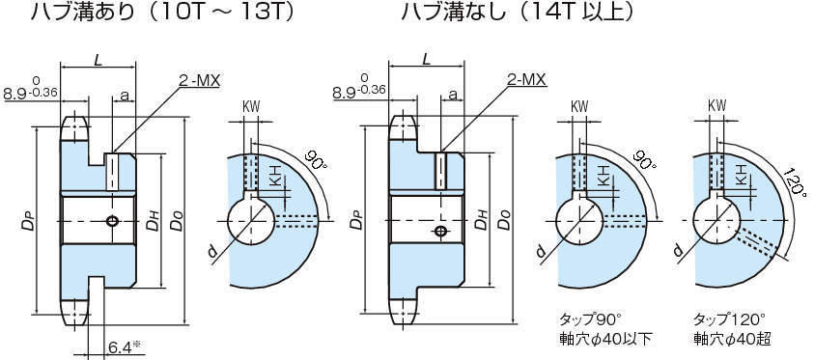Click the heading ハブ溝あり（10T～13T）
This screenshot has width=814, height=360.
162,12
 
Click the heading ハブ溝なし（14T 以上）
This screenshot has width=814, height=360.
518,12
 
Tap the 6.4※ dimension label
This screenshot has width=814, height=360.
126,345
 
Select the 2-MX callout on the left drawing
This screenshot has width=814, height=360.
199,80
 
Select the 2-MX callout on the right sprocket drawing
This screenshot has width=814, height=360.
526,79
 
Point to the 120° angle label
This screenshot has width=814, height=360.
796,181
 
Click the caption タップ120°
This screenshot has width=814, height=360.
729,318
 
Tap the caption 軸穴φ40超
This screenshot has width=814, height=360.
732,339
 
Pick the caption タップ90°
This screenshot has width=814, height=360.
590,318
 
